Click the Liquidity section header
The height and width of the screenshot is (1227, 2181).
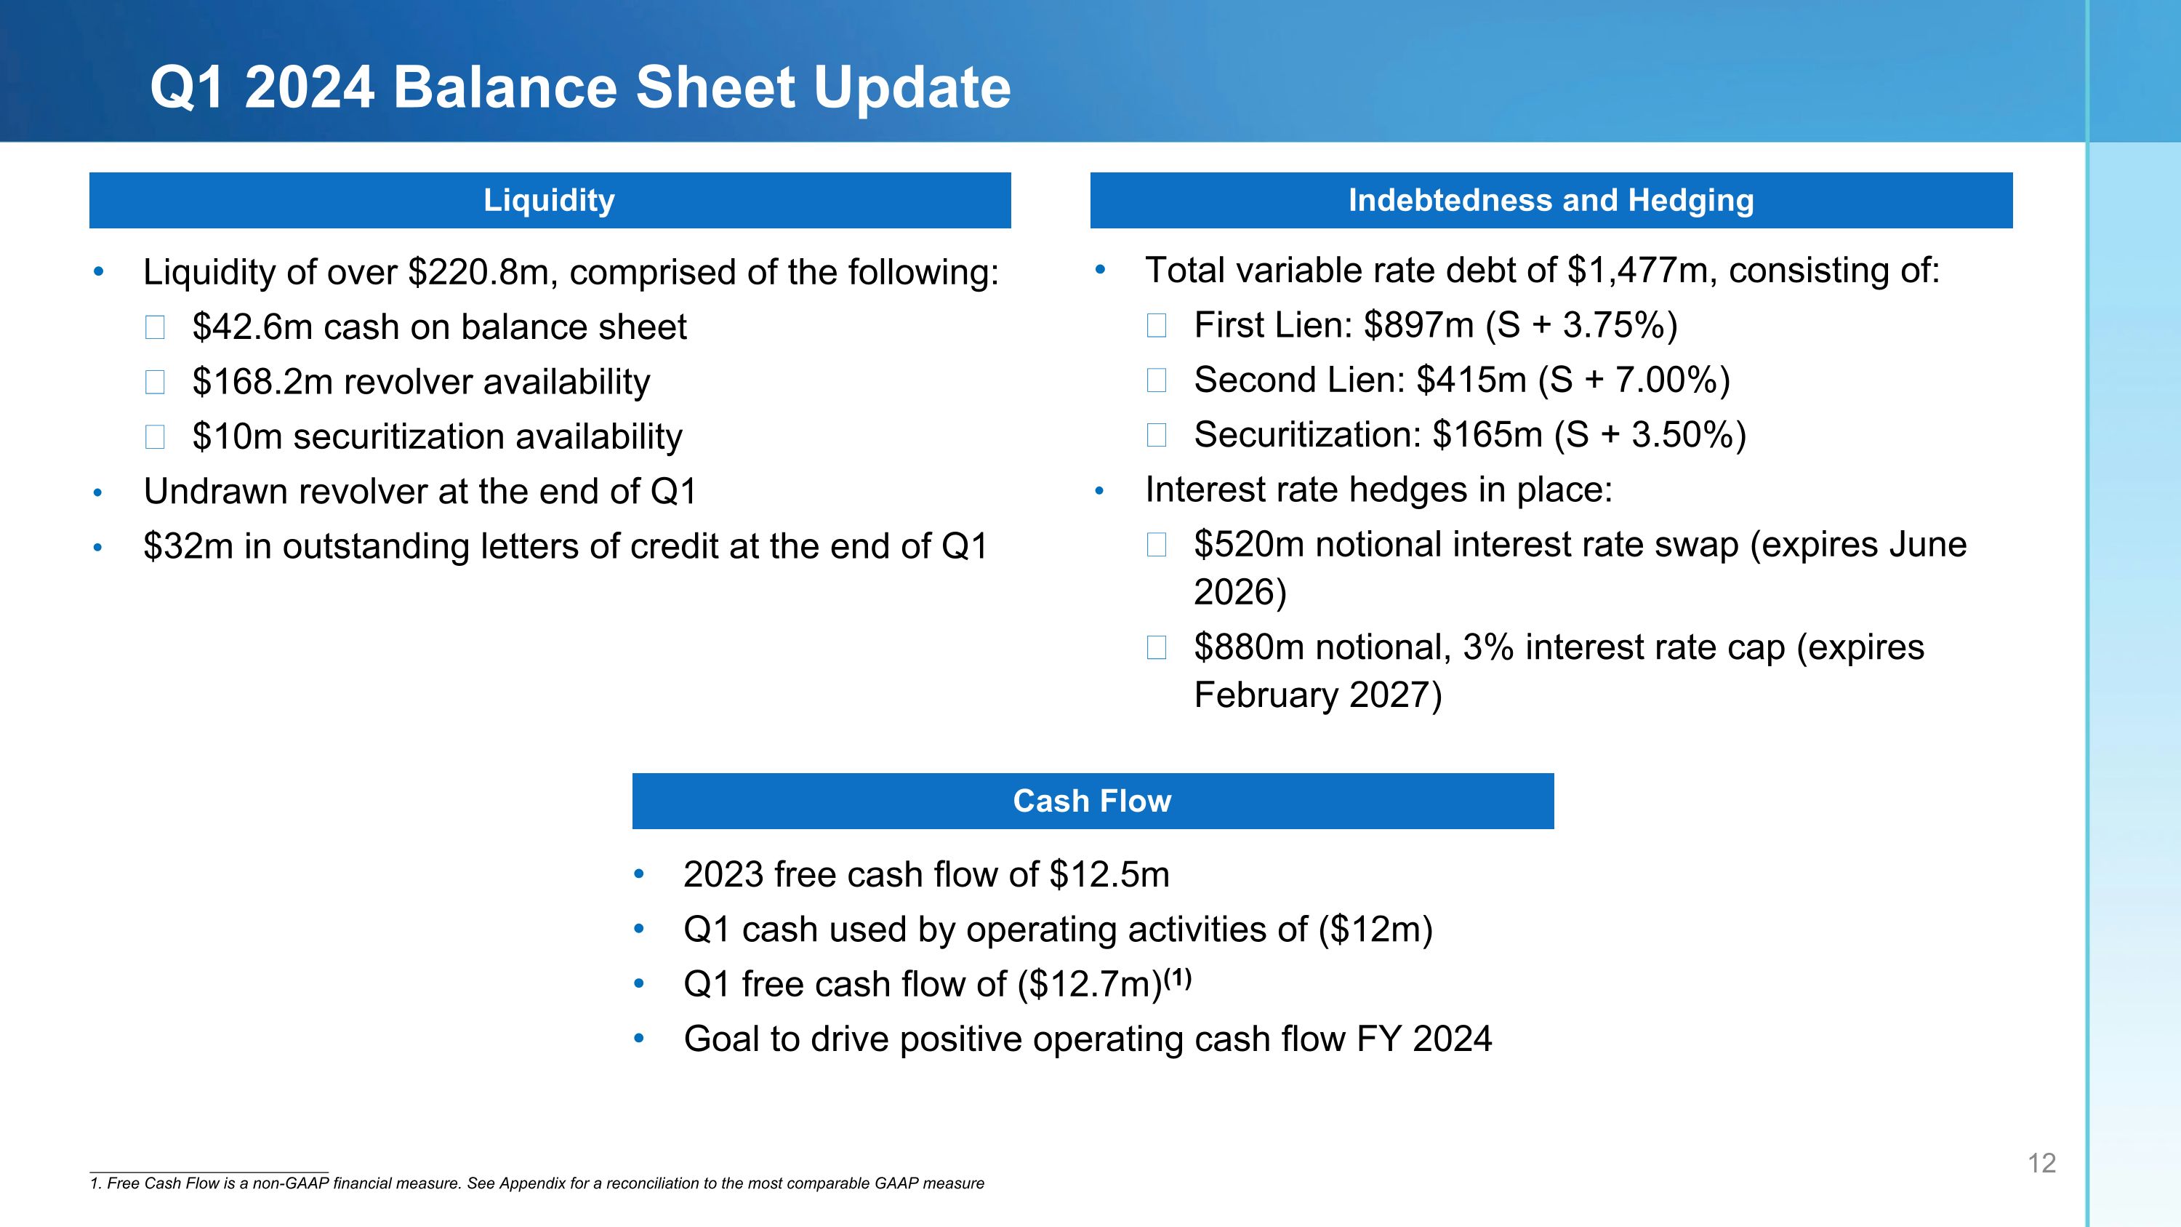point(549,201)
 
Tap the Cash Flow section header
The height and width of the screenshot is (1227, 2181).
point(1092,801)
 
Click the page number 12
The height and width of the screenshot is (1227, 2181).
point(2041,1164)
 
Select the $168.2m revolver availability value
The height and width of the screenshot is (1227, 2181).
point(262,382)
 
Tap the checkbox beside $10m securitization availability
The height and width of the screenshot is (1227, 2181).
point(155,437)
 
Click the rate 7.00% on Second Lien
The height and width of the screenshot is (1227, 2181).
point(1663,380)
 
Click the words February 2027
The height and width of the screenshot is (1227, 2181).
point(1317,695)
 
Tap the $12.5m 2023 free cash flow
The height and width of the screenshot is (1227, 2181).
point(1109,875)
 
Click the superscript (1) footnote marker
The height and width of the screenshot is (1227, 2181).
point(1178,979)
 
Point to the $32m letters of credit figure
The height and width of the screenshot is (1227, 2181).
point(188,547)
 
